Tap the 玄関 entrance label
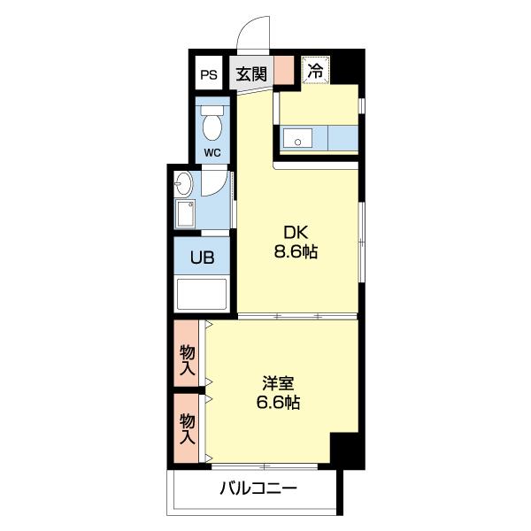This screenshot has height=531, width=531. (x=251, y=74)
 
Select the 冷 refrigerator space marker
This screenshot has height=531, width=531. (x=316, y=70)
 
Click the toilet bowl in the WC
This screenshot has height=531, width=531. (x=212, y=124)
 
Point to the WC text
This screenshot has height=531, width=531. (x=212, y=153)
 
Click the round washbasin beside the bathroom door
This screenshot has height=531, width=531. (x=183, y=183)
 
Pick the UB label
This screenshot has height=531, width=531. (x=202, y=258)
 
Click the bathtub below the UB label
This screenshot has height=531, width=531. (x=202, y=294)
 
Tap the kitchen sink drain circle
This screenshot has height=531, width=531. (x=298, y=142)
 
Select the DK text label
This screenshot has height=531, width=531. (x=296, y=233)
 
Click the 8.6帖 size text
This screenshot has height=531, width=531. (x=296, y=251)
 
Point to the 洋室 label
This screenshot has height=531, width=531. (x=278, y=383)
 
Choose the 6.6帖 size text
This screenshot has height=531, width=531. (x=278, y=402)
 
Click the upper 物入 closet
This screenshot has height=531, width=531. (x=186, y=353)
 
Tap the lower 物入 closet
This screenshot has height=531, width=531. (x=186, y=428)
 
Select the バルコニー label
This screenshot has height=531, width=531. (x=258, y=489)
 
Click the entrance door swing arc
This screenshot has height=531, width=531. (x=250, y=26)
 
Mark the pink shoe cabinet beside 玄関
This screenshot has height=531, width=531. (x=284, y=70)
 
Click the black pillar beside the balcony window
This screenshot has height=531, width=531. (x=348, y=450)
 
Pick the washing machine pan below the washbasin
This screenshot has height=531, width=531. (x=185, y=213)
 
